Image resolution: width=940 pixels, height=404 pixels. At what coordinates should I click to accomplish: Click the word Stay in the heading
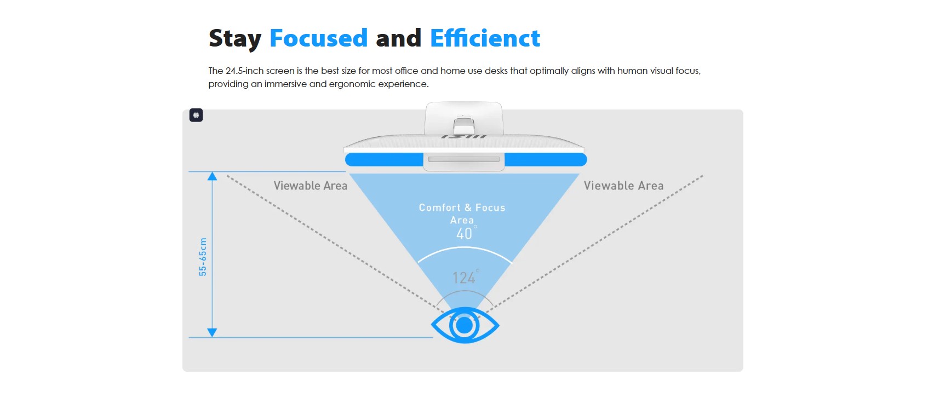235,39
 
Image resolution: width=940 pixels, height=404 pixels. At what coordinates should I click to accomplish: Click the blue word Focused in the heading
318,38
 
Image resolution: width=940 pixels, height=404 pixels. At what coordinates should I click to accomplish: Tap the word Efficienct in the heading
485,38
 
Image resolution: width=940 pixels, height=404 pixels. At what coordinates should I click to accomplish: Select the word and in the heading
398,38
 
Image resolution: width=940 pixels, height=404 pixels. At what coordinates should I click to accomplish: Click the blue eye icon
465,325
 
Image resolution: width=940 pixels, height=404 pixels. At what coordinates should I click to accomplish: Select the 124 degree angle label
466,277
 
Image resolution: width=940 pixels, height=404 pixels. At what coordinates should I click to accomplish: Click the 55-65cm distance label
203,257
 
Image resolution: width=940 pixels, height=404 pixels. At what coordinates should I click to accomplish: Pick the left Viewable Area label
310,186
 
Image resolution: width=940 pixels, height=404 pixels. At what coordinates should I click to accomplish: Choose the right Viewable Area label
623,186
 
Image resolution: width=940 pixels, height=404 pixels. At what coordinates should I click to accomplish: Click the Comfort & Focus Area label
462,213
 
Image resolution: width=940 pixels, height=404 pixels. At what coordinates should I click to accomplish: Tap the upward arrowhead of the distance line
212,176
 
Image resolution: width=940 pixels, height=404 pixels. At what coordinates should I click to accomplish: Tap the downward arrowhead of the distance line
212,333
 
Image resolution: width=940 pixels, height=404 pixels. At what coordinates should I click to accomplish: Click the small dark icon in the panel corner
196,115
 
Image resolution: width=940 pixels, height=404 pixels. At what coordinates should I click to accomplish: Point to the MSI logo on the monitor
464,136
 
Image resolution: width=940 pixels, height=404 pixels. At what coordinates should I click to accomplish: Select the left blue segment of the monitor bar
384,160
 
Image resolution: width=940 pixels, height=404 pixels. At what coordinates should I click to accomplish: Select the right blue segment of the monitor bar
546,160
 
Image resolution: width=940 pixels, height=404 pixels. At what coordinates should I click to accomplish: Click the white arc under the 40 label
465,248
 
